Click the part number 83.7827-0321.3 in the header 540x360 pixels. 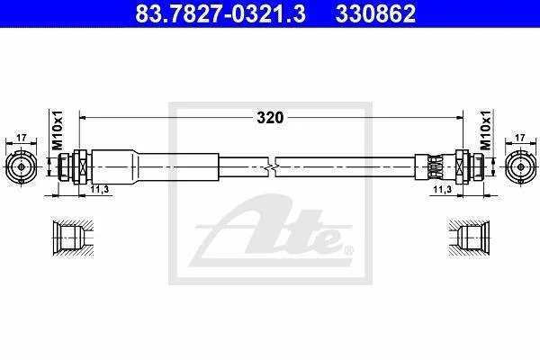[220, 13]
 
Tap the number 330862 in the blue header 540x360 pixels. [375, 13]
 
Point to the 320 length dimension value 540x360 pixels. [270, 118]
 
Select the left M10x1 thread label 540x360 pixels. [58, 130]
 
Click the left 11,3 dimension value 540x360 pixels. [100, 189]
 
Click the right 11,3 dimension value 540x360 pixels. [442, 189]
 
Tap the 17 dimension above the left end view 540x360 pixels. [22, 138]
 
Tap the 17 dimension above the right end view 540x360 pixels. [520, 138]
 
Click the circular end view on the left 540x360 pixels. [22, 167]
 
